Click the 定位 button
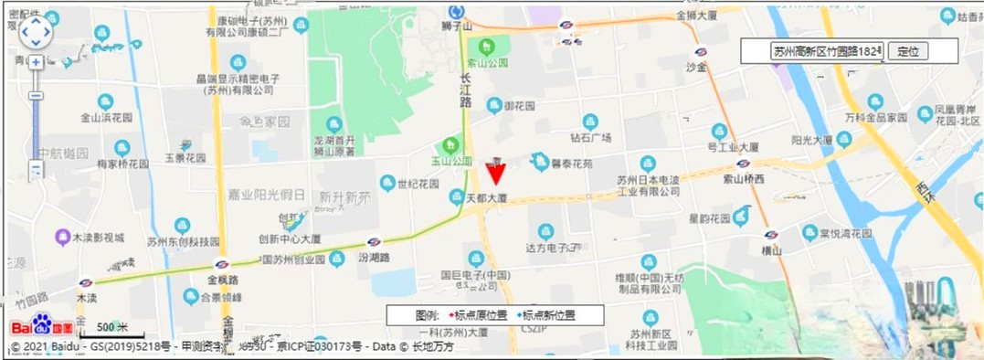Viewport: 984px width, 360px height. click(907, 51)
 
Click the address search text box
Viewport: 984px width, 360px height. click(827, 51)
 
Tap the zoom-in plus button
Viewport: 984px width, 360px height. click(36, 62)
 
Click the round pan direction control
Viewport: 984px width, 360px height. click(37, 33)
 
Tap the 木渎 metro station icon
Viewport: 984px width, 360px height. click(86, 283)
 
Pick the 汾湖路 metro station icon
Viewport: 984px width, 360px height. click(374, 243)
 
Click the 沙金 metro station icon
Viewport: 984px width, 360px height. click(701, 52)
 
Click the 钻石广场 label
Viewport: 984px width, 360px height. click(589, 138)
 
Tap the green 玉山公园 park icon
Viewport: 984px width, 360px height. click(449, 144)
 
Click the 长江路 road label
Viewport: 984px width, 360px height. click(466, 91)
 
